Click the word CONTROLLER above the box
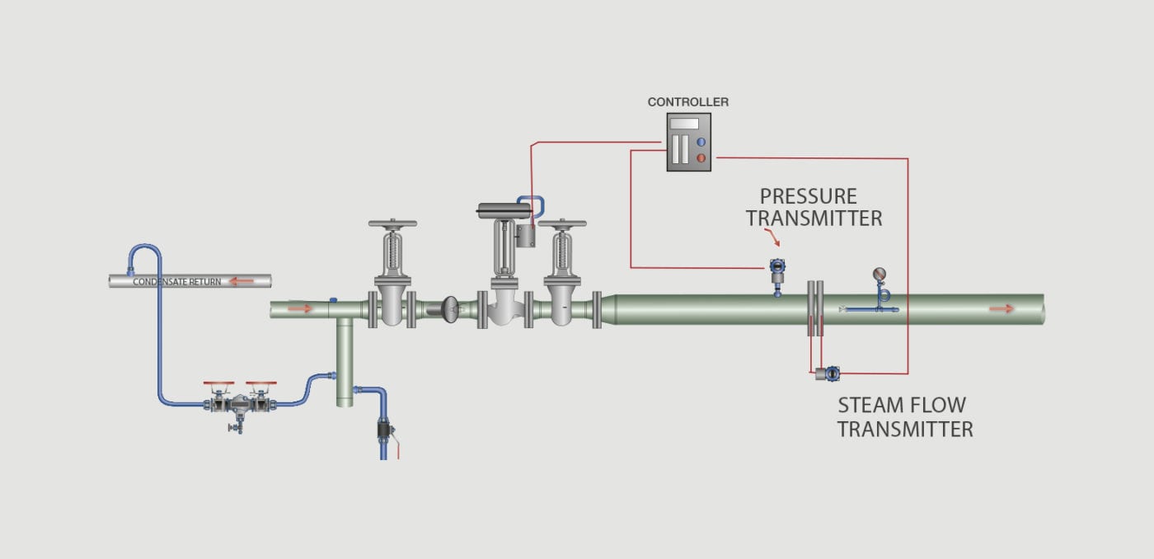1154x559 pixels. point(687,102)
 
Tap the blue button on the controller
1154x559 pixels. point(701,142)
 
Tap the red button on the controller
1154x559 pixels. point(701,157)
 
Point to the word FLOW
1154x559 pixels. point(939,406)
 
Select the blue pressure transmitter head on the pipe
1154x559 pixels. point(776,266)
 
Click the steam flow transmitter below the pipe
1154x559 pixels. point(828,373)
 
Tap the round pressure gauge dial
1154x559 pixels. point(880,275)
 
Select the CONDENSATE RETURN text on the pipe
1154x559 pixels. point(176,282)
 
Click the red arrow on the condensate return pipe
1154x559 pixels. point(241,281)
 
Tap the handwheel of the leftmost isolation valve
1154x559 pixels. point(392,223)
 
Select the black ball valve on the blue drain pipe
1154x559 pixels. point(384,430)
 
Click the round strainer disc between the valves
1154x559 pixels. point(451,308)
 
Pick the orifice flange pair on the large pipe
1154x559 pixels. point(814,308)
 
